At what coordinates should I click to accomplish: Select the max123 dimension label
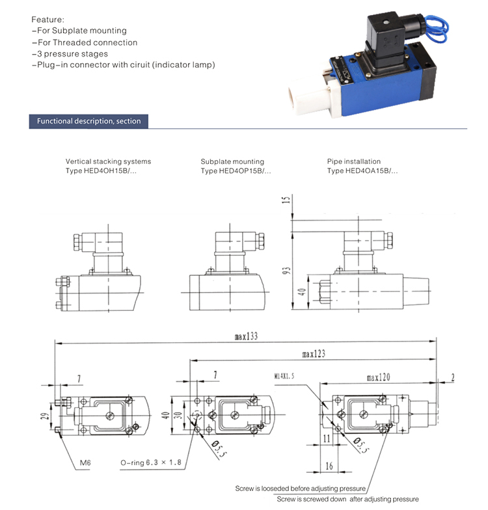coord(314,354)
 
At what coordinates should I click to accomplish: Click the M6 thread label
coord(85,463)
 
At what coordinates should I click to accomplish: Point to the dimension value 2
coord(452,376)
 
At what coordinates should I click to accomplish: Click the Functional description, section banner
coord(88,121)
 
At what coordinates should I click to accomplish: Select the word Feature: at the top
coord(47,19)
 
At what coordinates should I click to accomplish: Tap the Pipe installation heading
coord(354,161)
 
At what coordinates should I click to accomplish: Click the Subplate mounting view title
coord(232,161)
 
